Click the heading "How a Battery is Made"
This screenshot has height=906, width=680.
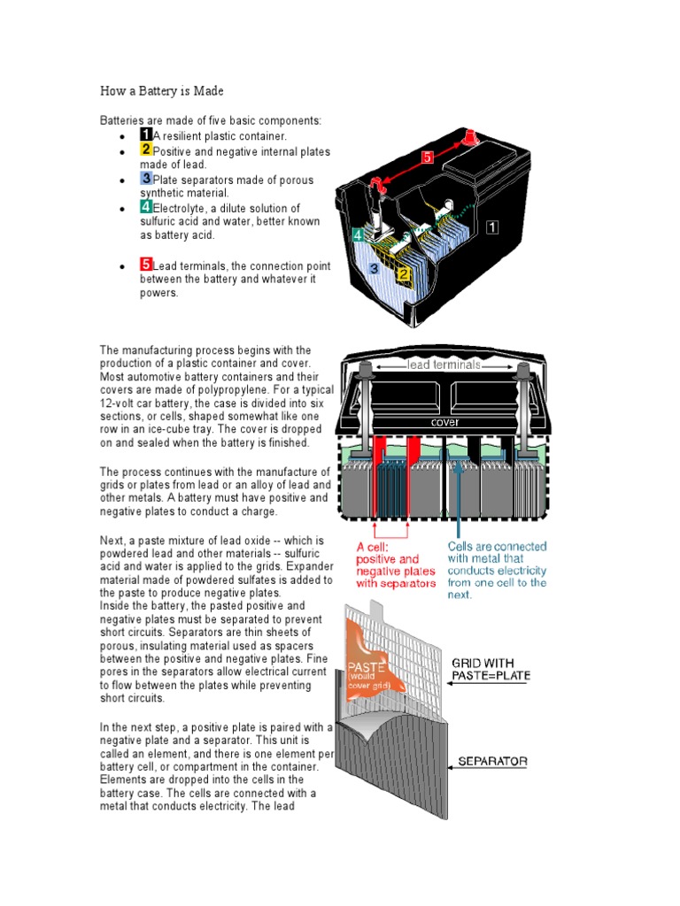[x=161, y=91]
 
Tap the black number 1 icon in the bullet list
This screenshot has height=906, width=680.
[x=146, y=134]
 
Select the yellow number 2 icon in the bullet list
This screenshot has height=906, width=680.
[x=146, y=150]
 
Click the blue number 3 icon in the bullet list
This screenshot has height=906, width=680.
[x=146, y=178]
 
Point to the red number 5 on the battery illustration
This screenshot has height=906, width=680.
[x=427, y=157]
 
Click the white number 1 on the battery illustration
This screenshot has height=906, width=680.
[x=491, y=227]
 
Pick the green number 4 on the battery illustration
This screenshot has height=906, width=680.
[x=357, y=235]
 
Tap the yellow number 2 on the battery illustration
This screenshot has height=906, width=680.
[x=402, y=274]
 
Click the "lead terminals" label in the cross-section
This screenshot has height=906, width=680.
[x=444, y=364]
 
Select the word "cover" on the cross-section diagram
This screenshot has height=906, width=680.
[x=444, y=422]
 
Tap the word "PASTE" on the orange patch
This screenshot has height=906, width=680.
[x=365, y=665]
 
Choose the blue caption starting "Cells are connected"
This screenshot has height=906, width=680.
[x=497, y=570]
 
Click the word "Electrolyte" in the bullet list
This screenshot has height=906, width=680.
[x=179, y=207]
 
